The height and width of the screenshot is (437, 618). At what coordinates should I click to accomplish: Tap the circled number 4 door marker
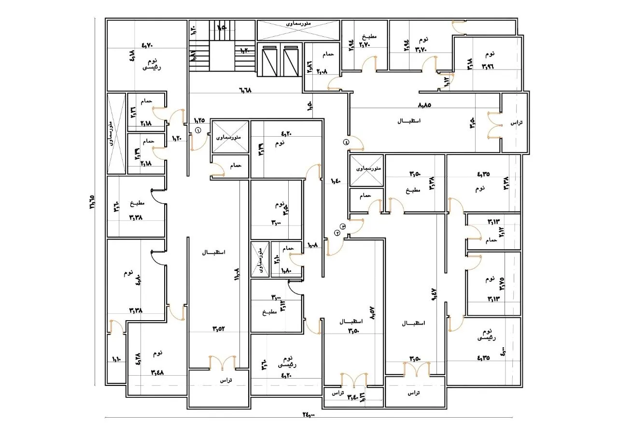(346, 142)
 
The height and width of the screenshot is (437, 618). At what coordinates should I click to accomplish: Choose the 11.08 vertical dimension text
(237, 276)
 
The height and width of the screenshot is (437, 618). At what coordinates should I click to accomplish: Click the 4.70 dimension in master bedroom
(147, 45)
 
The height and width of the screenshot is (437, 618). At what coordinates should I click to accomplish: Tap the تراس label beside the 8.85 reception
(517, 123)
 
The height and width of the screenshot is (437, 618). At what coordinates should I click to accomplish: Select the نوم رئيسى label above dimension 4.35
(486, 335)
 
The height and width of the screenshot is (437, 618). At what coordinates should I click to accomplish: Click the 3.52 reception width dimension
(219, 329)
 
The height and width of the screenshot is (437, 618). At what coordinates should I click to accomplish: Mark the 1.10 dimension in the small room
(116, 359)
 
